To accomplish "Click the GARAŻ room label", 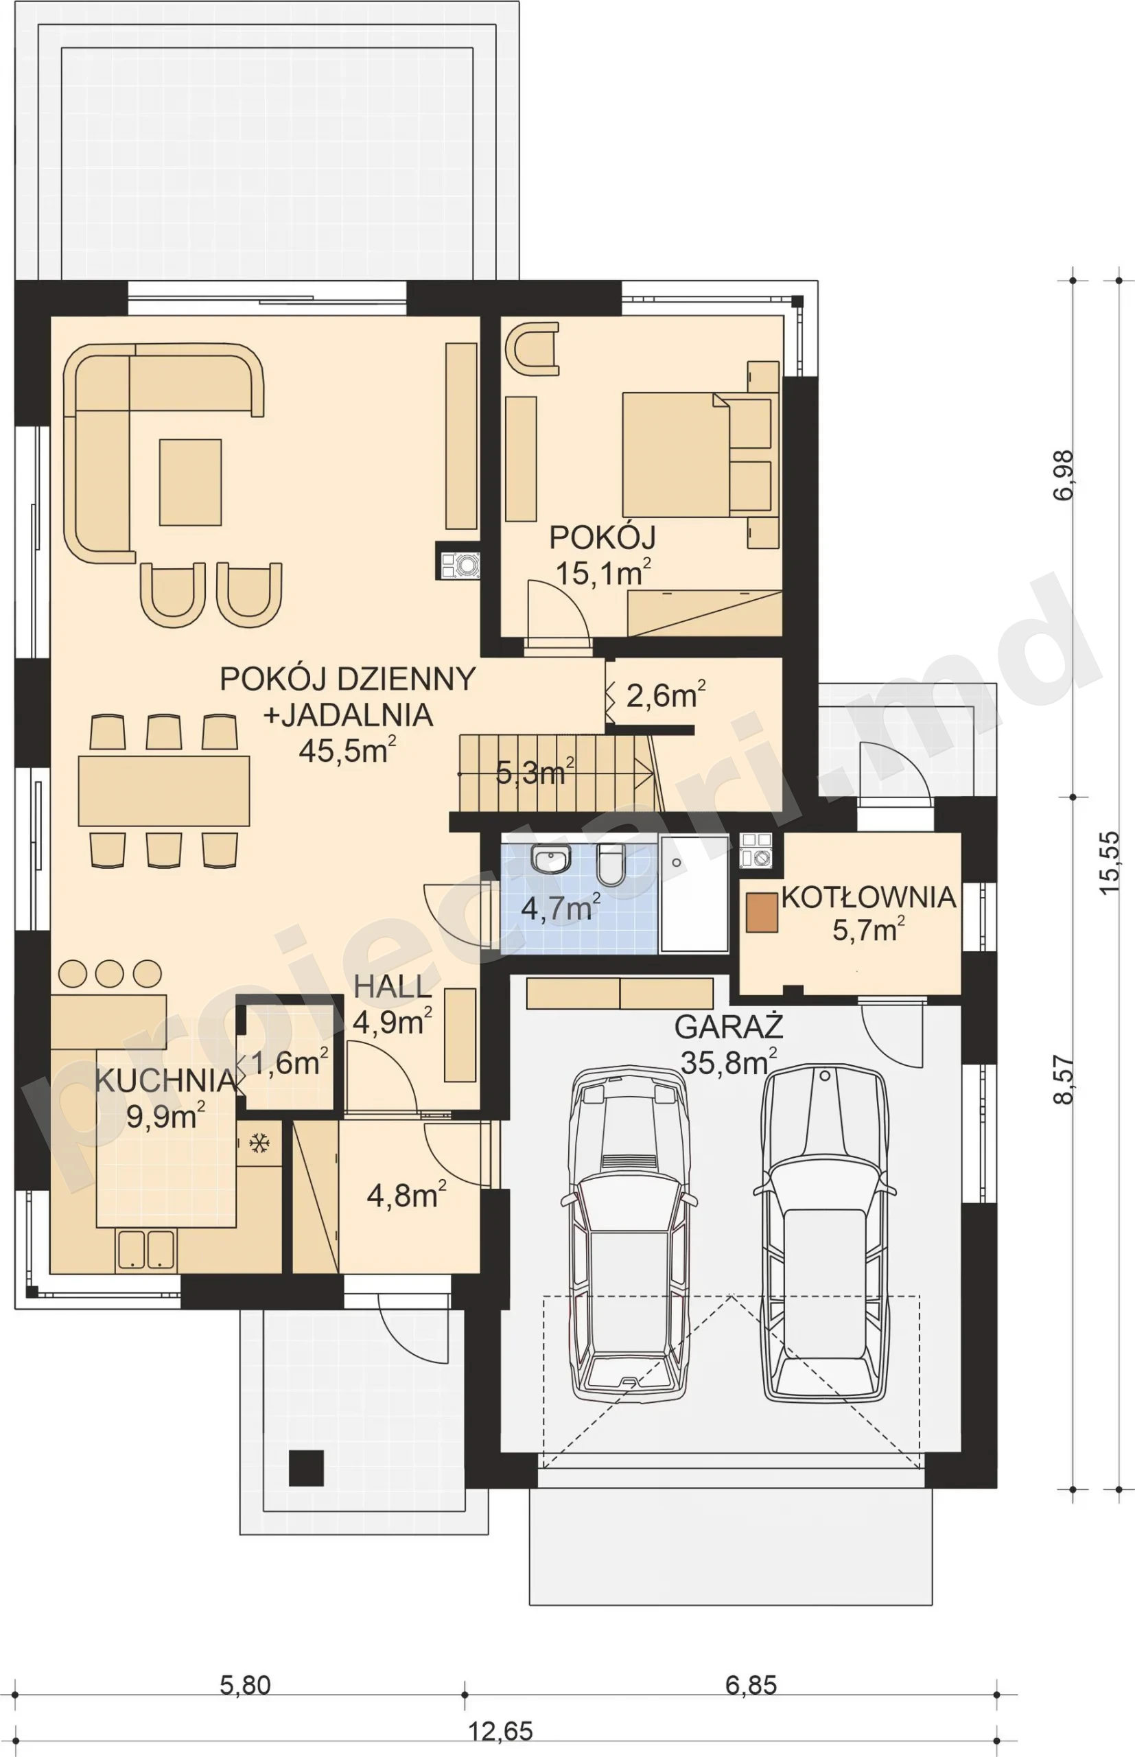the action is [728, 1027].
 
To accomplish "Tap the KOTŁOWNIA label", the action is [869, 897].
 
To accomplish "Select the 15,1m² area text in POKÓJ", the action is [603, 572].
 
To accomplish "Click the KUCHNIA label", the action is [166, 1080].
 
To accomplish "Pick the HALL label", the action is [392, 988].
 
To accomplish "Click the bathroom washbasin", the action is [551, 858].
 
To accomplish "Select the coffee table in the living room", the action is [190, 482].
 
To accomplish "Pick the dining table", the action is [163, 790].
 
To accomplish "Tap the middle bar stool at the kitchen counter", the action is [109, 973].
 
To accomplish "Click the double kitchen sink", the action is [146, 1250].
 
